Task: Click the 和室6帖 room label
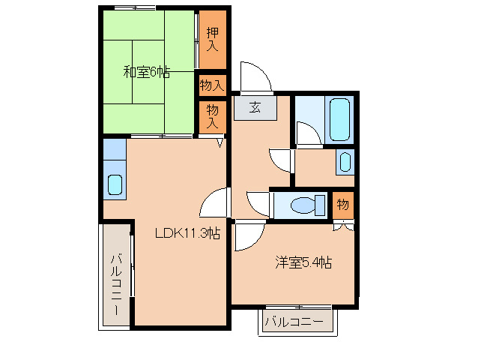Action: [146, 73]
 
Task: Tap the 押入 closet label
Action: [212, 39]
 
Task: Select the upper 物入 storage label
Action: [212, 85]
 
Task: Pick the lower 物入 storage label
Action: [213, 115]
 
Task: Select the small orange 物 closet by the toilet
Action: [342, 204]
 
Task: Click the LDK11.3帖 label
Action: [187, 233]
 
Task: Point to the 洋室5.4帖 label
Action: [303, 262]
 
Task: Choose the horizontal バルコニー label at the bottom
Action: [295, 322]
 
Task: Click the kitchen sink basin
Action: [115, 184]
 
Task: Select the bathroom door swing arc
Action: [307, 133]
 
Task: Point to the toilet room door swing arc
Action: [257, 203]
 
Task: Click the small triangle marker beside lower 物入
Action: [220, 142]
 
